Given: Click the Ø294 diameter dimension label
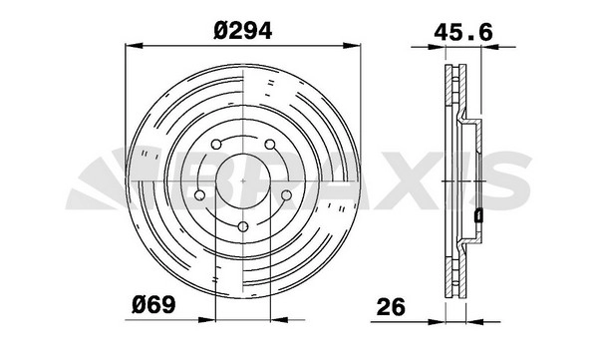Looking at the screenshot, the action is (243, 31).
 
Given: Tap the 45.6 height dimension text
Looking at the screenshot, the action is (463, 32).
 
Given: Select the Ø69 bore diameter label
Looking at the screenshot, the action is (154, 305).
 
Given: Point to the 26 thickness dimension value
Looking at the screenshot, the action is (391, 307).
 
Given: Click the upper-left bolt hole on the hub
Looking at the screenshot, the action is (216, 145).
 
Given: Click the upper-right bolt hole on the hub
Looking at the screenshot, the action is (270, 145).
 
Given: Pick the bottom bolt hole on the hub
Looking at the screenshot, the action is (243, 226).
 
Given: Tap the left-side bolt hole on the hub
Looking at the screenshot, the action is (199, 195).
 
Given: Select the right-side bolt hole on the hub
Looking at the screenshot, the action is (286, 195).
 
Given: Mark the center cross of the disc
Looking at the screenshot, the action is (243, 181).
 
